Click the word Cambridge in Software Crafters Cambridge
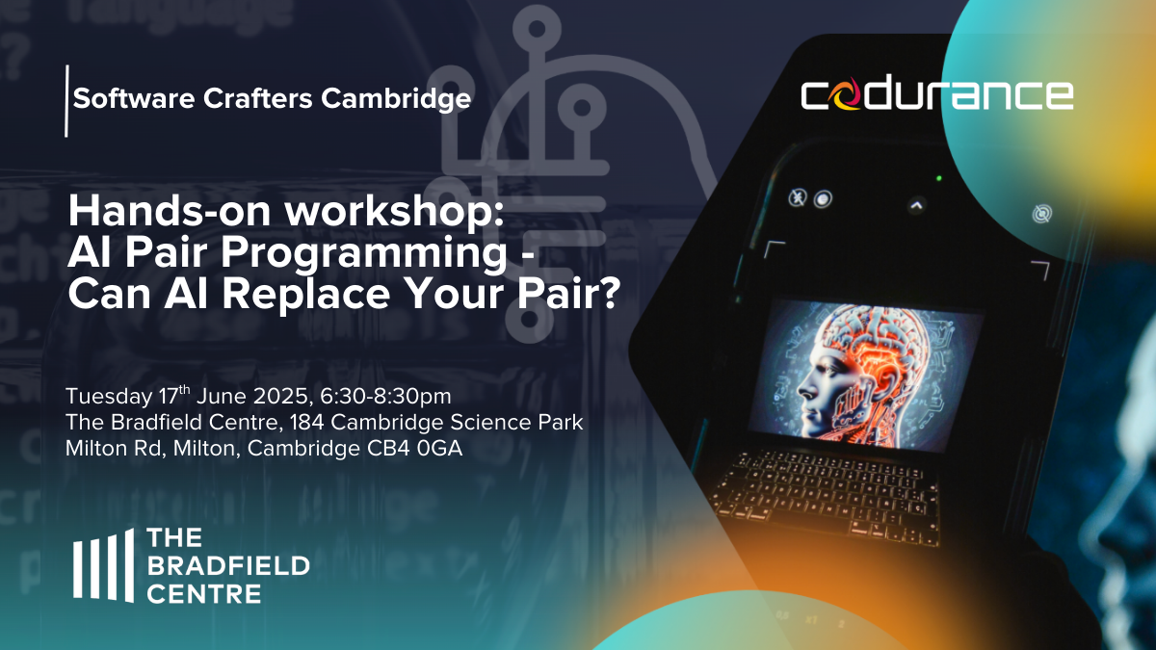(396, 99)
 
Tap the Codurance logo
(937, 94)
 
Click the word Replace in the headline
(306, 294)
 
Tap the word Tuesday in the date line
(109, 397)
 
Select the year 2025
(281, 396)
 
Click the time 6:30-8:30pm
(385, 396)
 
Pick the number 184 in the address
(306, 423)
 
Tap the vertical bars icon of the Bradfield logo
(103, 565)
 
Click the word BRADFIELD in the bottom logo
(228, 566)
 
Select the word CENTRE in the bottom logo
(204, 594)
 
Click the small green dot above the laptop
(939, 178)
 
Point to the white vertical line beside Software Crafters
(66, 100)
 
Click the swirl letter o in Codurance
(847, 94)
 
